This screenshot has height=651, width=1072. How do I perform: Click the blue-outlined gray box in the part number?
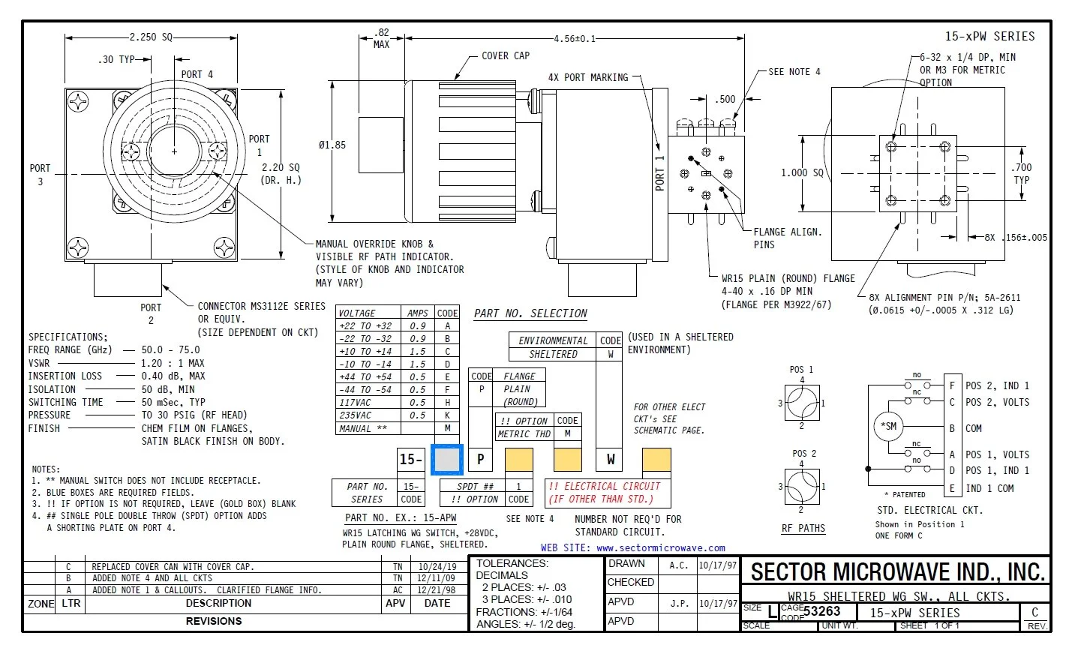point(448,459)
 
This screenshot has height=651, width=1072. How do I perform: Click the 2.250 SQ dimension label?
point(151,37)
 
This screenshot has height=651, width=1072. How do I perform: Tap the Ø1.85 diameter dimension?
point(332,145)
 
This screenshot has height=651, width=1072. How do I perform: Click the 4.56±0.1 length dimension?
point(574,39)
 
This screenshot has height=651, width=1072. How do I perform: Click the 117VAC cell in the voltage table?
point(355,402)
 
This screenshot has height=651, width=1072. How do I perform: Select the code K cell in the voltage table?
point(447,415)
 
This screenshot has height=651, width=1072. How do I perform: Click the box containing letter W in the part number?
point(611,459)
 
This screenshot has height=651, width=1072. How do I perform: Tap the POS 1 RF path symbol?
point(801,403)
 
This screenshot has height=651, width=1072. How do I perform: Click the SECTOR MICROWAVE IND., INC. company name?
point(897,572)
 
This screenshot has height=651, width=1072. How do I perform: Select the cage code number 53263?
point(821,611)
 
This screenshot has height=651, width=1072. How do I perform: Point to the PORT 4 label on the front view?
point(197,74)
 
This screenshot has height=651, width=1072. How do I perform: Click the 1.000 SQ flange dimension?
point(802,172)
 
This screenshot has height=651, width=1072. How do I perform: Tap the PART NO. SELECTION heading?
point(530,313)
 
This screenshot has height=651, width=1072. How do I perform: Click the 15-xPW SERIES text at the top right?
point(989,36)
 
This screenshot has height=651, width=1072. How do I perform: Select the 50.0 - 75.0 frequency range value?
point(170,349)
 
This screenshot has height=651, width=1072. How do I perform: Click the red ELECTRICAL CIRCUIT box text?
point(604,493)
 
